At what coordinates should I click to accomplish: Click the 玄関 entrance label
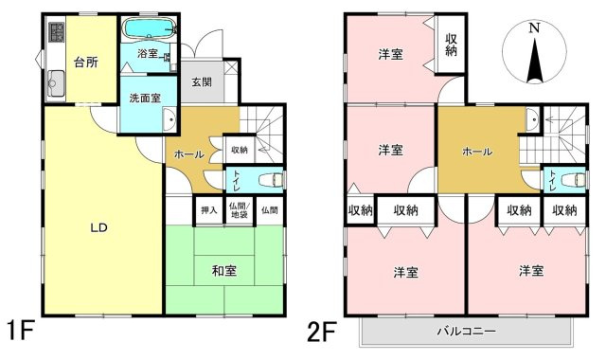pyautogui.click(x=201, y=82)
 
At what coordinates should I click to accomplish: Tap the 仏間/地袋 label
pyautogui.click(x=239, y=210)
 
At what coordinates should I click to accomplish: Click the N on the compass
pyautogui.click(x=534, y=28)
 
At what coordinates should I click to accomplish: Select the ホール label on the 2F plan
pyautogui.click(x=475, y=152)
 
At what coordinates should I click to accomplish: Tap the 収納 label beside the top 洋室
pyautogui.click(x=453, y=45)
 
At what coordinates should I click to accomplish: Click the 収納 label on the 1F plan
pyautogui.click(x=240, y=149)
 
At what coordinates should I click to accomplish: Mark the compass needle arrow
pyautogui.click(x=534, y=63)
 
